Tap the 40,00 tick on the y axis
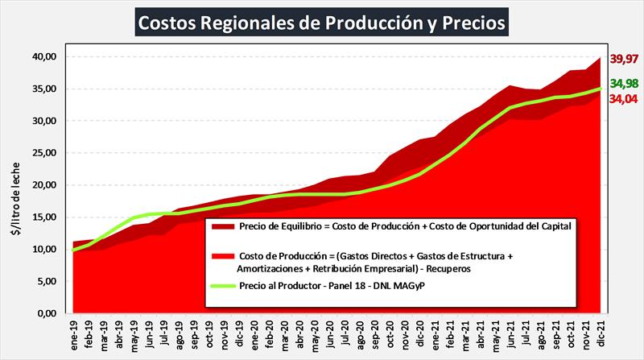click(44, 56)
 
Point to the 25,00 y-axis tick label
click(44, 153)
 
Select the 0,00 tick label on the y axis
click(47, 313)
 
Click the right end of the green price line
click(601, 89)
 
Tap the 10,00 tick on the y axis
click(44, 249)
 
